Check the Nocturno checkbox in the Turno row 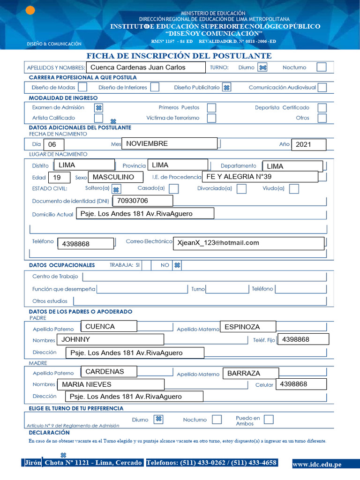click(321, 67)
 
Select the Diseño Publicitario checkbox click(226, 87)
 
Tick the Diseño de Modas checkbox click(82, 87)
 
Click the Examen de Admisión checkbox click(99, 107)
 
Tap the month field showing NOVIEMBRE click(169, 144)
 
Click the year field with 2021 click(308, 145)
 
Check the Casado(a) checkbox click(173, 188)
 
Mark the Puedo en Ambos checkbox click(269, 420)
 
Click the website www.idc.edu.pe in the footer click(317, 465)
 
